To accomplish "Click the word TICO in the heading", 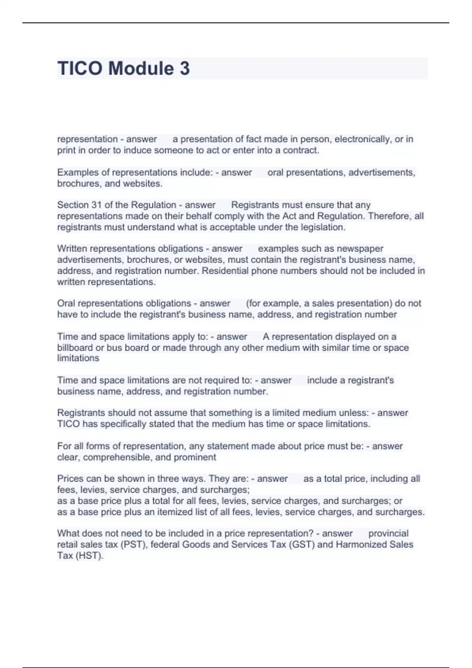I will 80,68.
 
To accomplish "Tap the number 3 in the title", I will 185,68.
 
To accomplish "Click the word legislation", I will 323,227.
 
